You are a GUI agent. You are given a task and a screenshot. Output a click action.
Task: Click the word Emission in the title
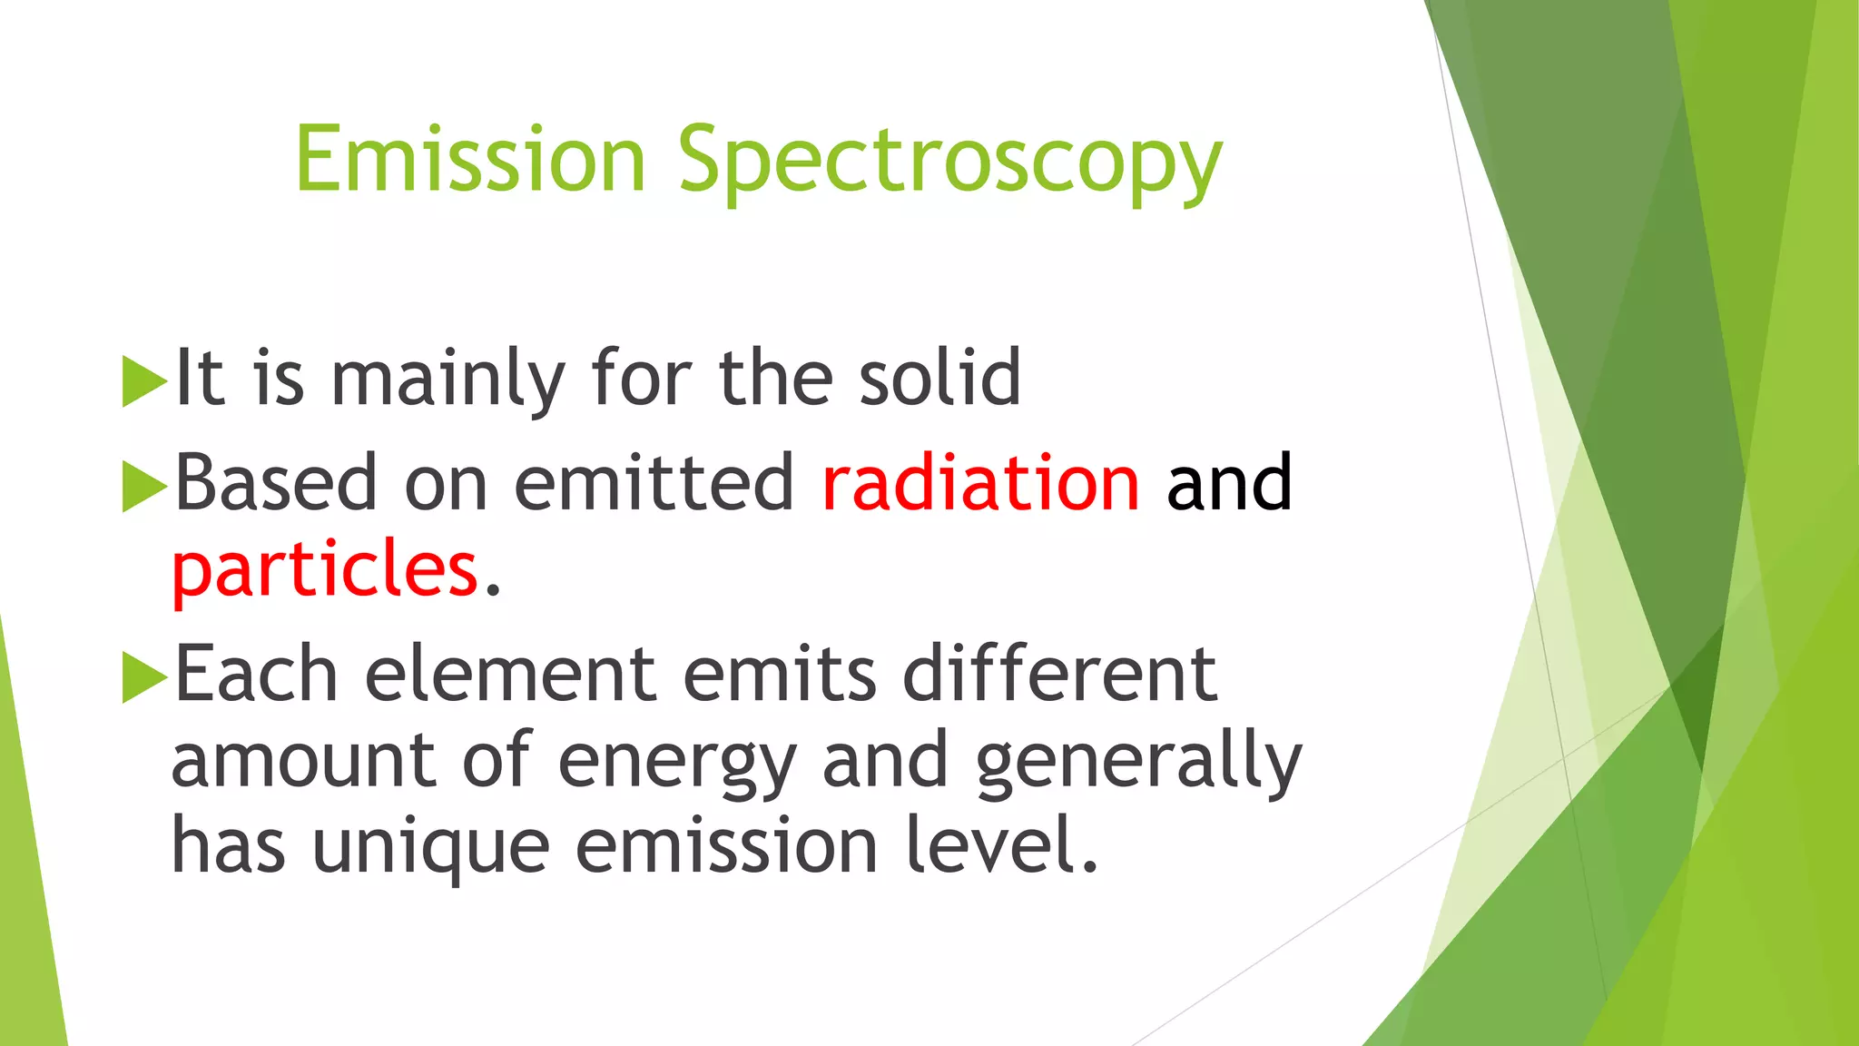coord(469,160)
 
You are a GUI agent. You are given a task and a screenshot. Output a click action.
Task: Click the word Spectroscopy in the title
coord(950,163)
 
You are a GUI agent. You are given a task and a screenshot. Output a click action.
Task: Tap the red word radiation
coord(979,483)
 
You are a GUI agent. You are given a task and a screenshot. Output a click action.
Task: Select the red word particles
coord(325,569)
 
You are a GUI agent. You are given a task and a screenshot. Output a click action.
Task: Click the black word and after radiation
coord(1229,483)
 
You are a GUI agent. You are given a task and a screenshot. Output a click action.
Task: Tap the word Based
coord(275,483)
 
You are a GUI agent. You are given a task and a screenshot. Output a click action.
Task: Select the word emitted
coord(654,483)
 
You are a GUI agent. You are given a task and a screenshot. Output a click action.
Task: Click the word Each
coord(256,674)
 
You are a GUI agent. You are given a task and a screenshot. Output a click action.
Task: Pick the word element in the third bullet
coord(509,674)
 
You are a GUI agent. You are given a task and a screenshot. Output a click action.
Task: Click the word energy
coord(676,763)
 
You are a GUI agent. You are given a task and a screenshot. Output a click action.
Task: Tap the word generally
coord(1138,763)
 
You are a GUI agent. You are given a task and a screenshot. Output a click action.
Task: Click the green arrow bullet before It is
coord(143,380)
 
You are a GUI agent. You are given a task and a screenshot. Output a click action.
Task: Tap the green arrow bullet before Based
coord(143,486)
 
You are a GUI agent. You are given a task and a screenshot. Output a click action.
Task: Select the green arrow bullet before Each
coord(143,677)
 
